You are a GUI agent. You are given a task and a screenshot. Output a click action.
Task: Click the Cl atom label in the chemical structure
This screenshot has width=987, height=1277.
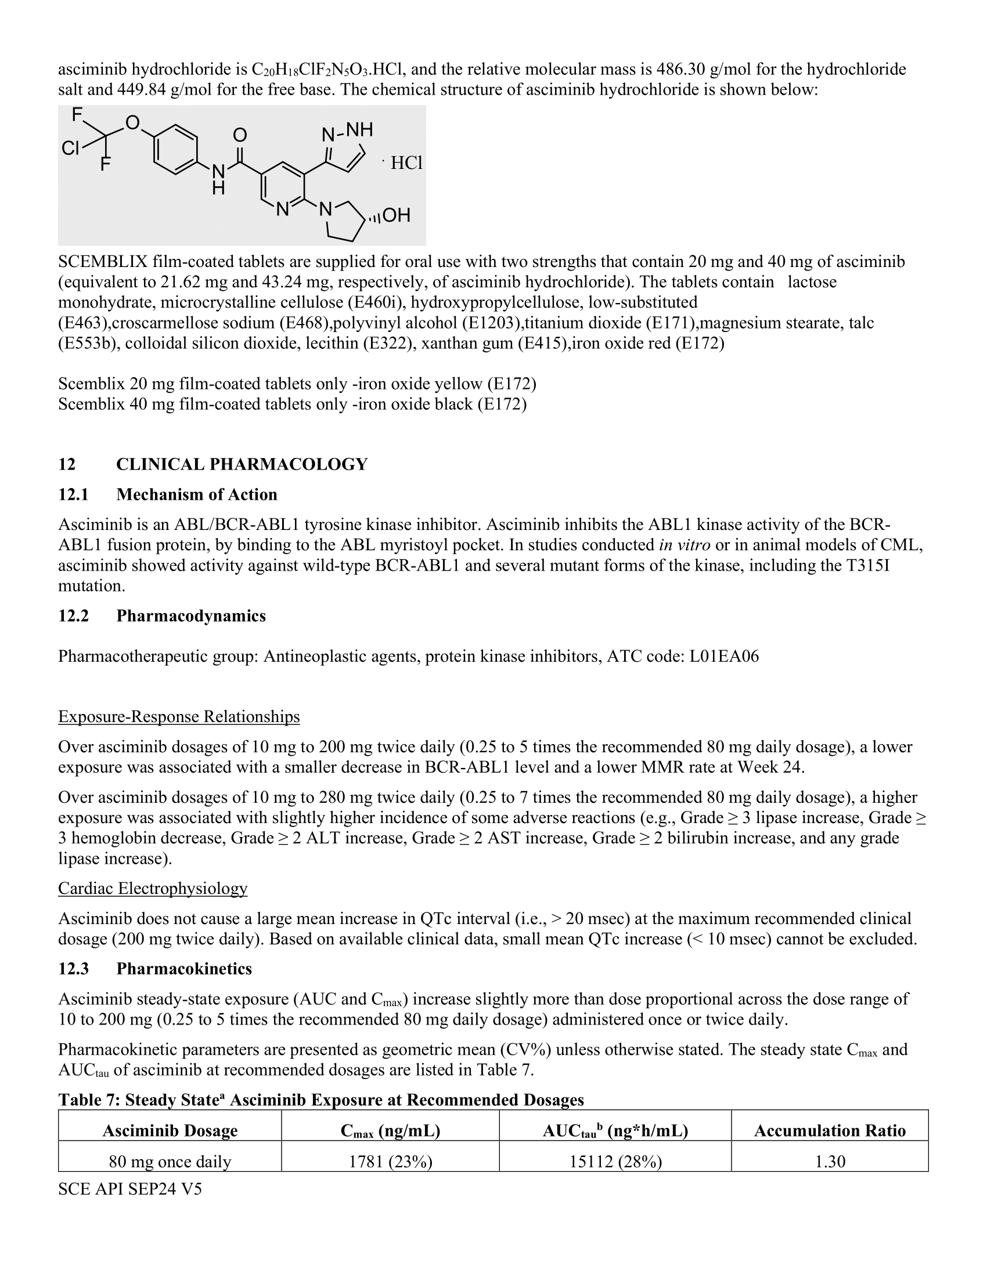tap(70, 149)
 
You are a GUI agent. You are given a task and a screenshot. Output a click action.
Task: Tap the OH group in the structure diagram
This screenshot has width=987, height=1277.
tap(396, 215)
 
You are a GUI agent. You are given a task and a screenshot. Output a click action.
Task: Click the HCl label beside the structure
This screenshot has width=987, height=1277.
tap(406, 163)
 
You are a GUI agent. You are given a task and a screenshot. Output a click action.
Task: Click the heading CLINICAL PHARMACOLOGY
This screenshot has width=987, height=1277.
tap(242, 464)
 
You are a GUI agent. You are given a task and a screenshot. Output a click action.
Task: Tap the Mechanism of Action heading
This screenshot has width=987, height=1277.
tap(196, 495)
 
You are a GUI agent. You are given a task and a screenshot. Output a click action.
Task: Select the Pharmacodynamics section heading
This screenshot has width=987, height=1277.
tap(190, 616)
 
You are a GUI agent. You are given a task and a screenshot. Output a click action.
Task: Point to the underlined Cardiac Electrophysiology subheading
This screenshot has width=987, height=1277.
tap(153, 888)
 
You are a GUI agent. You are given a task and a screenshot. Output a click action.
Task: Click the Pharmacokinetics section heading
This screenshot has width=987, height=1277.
tap(183, 969)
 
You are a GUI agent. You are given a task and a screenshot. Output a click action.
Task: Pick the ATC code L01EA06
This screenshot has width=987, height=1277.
tap(724, 656)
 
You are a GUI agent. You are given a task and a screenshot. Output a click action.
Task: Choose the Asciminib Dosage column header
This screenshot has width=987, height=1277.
tap(170, 1130)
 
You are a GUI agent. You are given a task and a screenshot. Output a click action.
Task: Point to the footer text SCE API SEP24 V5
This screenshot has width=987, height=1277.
tap(130, 1189)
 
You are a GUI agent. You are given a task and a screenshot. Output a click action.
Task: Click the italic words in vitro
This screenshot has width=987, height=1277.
tap(684, 545)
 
